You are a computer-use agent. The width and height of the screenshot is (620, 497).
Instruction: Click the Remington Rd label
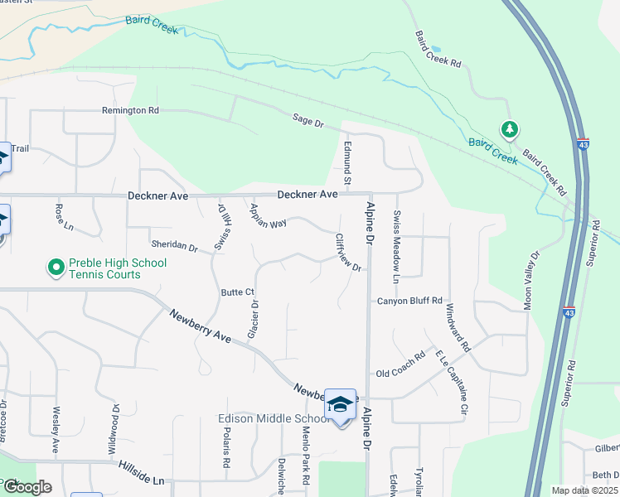click(130, 110)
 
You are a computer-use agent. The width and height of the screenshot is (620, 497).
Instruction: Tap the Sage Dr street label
click(308, 121)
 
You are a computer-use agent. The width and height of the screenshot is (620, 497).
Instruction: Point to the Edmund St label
click(348, 162)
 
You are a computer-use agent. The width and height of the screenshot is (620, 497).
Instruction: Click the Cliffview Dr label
click(348, 252)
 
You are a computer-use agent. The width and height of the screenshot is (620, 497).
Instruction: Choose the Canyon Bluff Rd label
click(409, 301)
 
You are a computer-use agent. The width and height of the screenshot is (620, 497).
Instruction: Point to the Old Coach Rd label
click(405, 364)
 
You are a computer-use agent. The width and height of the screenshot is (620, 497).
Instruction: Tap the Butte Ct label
click(237, 292)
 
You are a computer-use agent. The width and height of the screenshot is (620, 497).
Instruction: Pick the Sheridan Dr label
click(174, 247)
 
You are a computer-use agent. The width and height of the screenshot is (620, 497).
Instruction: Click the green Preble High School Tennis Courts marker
click(56, 268)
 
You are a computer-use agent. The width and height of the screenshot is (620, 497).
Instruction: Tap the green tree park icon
click(510, 129)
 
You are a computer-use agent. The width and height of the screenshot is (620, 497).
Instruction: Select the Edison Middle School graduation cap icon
click(340, 403)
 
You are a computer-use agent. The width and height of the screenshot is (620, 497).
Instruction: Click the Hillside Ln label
click(141, 472)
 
